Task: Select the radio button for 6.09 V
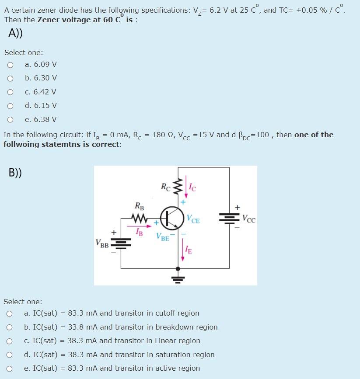(10, 65)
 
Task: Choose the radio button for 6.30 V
(10, 78)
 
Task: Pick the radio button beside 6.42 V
(10, 92)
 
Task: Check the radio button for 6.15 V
(10, 106)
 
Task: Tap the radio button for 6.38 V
(10, 119)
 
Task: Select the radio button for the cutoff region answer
(9, 313)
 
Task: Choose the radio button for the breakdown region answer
(9, 327)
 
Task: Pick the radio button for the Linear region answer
(9, 341)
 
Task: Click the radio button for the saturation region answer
(9, 355)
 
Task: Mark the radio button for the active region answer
(9, 369)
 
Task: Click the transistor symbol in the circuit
(171, 218)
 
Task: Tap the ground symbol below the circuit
(178, 277)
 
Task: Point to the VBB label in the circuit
(102, 243)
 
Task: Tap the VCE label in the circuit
(193, 219)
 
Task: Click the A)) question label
(16, 33)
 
